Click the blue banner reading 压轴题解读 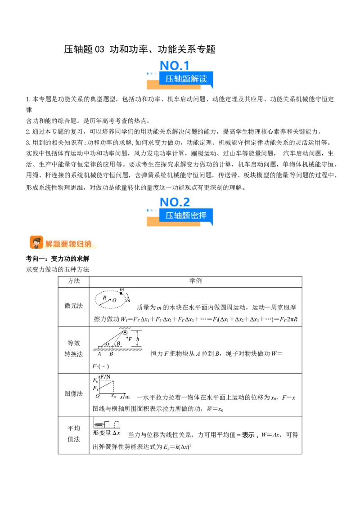[x=186, y=79]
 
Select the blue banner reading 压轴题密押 [x=186, y=215]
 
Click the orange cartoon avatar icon [x=36, y=242]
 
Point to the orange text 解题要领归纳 [x=68, y=244]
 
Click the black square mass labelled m [x=121, y=293]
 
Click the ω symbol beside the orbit [x=128, y=300]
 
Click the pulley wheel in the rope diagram [x=118, y=333]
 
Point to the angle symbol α [x=108, y=343]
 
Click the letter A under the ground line [x=99, y=354]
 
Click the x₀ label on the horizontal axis [x=113, y=396]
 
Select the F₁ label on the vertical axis [x=94, y=388]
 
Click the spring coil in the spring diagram [x=98, y=424]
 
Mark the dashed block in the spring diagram [x=117, y=424]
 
